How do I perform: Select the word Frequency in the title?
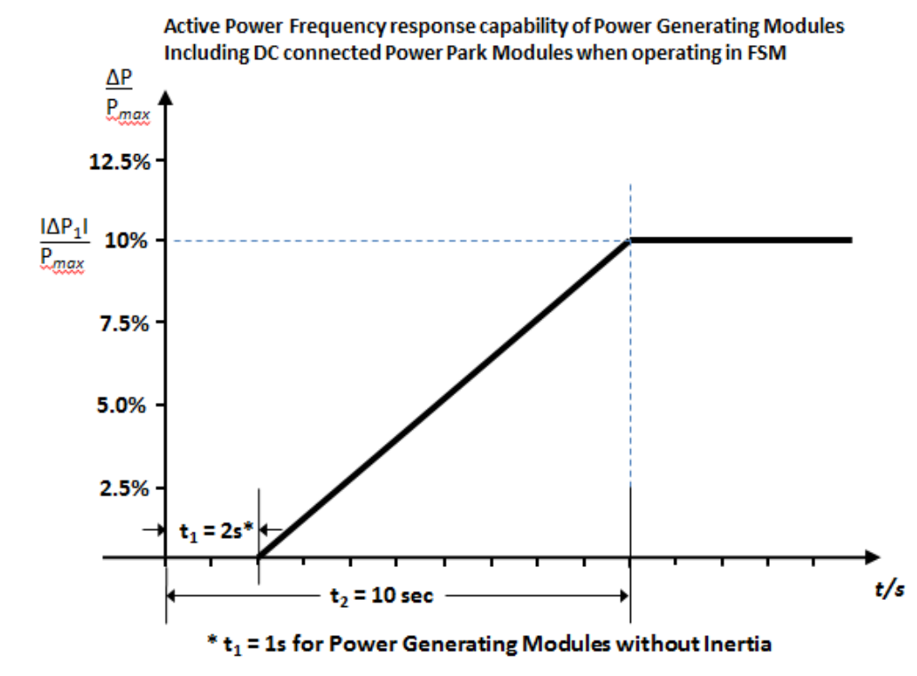point(329,27)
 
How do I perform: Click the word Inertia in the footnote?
point(738,643)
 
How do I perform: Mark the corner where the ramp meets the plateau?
point(630,240)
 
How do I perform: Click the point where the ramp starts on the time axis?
point(258,557)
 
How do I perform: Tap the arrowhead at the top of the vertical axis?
point(166,95)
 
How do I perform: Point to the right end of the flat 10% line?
point(851,240)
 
